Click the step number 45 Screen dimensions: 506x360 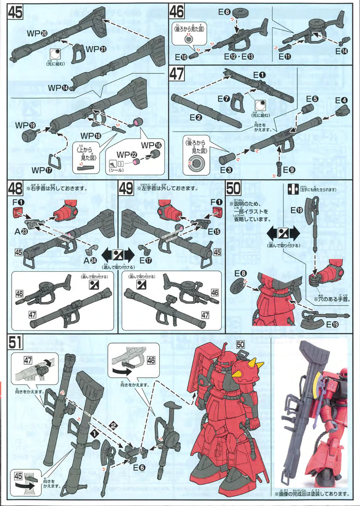tap(15, 12)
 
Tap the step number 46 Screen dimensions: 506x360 tap(177, 11)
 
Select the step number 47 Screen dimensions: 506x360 tap(177, 74)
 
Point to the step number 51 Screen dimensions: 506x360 tap(15, 342)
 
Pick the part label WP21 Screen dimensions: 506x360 tap(96, 49)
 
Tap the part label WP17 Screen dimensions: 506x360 tap(42, 170)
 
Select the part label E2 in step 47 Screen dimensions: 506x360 tap(196, 117)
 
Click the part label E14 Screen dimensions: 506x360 tap(341, 51)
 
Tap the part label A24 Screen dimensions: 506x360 tap(90, 260)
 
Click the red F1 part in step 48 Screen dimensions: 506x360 tap(18, 213)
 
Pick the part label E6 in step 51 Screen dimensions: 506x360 tap(139, 468)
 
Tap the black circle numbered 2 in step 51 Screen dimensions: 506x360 tap(114, 426)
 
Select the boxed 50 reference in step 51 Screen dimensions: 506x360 tap(240, 344)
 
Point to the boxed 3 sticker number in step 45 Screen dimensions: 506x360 tap(120, 164)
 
